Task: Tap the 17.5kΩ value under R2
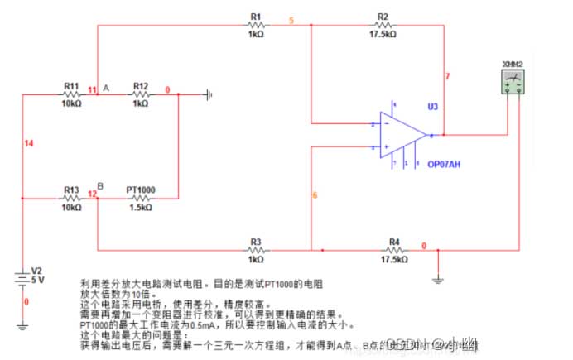pos(383,35)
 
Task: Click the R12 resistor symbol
pos(140,94)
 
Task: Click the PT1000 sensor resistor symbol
pos(140,199)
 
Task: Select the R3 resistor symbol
pos(255,249)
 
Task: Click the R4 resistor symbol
pos(394,249)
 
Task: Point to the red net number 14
pos(29,145)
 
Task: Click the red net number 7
pos(448,76)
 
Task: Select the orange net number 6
pos(315,195)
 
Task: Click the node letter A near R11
pos(105,87)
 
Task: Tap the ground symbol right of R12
pos(207,94)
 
